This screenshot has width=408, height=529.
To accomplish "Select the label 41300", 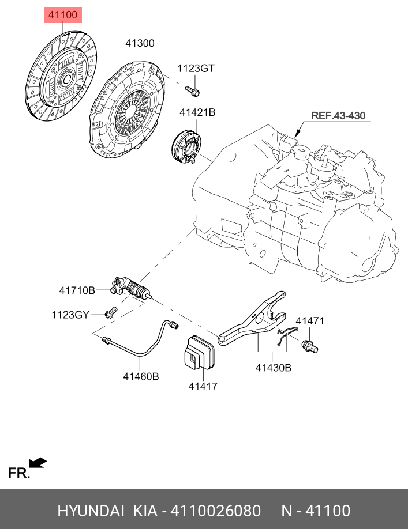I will pyautogui.click(x=140, y=43).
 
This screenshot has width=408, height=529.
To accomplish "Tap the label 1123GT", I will pyautogui.click(x=196, y=68).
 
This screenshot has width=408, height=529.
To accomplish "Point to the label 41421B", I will pyautogui.click(x=197, y=113).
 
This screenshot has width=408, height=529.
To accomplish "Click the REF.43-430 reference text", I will pyautogui.click(x=339, y=116).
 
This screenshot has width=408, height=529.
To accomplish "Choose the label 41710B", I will pyautogui.click(x=77, y=291).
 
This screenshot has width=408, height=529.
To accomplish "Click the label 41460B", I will pyautogui.click(x=140, y=376).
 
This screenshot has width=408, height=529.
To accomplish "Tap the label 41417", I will pyautogui.click(x=203, y=386).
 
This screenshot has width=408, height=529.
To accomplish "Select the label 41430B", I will pyautogui.click(x=273, y=366).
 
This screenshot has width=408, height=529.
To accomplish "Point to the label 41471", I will pyautogui.click(x=310, y=320).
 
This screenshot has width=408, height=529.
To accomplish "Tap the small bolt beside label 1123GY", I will pyautogui.click(x=111, y=312).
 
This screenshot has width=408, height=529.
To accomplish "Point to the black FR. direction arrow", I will pyautogui.click(x=38, y=463).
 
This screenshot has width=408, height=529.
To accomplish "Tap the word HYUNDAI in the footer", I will pyautogui.click(x=90, y=511).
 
